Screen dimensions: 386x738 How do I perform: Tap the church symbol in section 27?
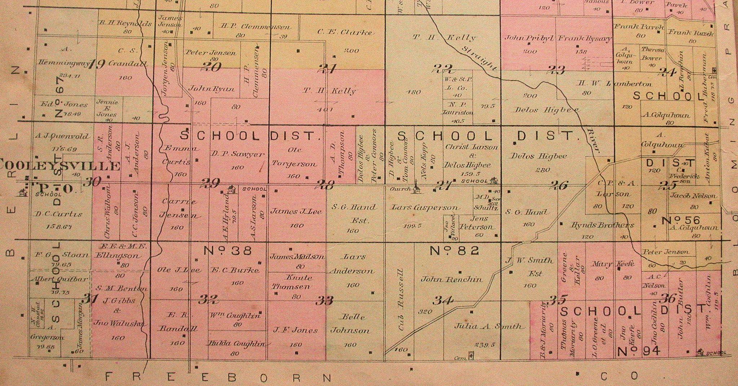[417, 188]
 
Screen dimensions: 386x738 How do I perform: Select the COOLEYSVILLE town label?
[59, 166]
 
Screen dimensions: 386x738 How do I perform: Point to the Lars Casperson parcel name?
[425, 208]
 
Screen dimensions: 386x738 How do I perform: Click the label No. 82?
[454, 250]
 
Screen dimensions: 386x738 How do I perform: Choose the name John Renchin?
[451, 279]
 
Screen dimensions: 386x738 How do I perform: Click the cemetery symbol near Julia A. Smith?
[470, 356]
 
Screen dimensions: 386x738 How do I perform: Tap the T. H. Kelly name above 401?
[328, 91]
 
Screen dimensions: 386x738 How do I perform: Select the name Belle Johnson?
[350, 324]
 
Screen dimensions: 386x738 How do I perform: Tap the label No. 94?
[638, 351]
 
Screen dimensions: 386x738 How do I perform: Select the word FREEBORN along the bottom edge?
[218, 377]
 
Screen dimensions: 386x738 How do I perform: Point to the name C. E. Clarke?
[344, 32]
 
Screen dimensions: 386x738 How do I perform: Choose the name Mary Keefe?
[613, 264]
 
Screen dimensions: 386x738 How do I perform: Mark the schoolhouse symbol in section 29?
[231, 188]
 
